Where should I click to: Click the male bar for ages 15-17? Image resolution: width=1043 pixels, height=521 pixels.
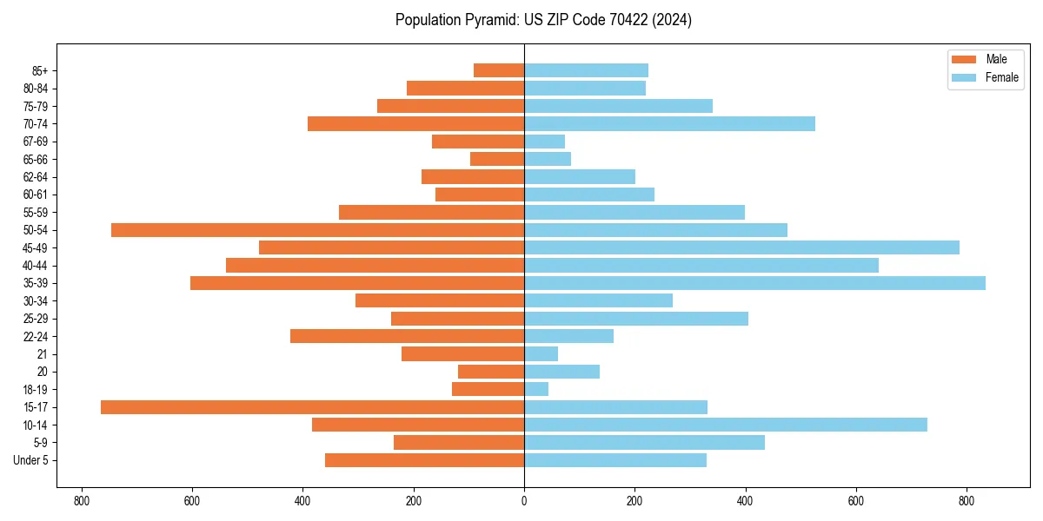(313, 407)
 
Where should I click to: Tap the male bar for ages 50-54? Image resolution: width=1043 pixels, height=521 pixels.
(317, 230)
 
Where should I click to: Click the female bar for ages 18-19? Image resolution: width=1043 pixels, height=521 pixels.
(536, 389)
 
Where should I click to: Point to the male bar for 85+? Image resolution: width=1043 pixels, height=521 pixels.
(499, 70)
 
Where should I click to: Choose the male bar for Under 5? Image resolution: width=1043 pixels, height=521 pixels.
(424, 460)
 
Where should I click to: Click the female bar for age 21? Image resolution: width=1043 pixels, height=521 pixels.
(541, 353)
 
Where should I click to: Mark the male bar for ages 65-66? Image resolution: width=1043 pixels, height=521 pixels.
(497, 159)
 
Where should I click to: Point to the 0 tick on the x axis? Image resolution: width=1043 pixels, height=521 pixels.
(524, 501)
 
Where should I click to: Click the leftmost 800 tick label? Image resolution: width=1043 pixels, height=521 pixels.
(82, 501)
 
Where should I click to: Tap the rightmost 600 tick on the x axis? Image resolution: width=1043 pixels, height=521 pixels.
(856, 501)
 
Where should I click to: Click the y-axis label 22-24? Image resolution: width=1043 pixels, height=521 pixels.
(36, 336)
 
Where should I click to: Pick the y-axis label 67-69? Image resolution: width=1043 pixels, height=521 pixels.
(36, 142)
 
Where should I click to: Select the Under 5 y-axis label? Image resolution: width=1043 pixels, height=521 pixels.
(30, 460)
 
